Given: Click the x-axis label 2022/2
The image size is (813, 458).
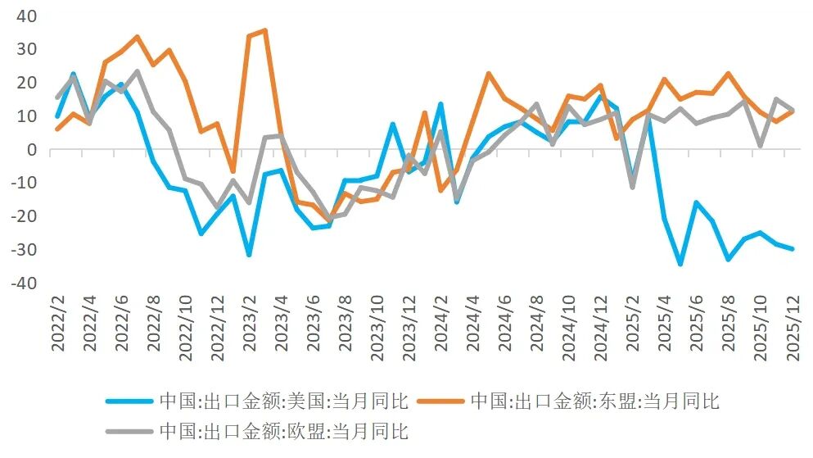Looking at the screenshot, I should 58,323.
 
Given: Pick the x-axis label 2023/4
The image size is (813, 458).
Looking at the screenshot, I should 280,323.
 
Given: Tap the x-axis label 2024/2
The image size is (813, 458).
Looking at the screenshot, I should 440,323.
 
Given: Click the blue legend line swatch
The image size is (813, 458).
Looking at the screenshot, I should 129,401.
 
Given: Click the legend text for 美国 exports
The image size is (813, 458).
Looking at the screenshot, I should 283,401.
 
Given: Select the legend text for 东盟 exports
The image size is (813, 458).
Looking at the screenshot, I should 594,401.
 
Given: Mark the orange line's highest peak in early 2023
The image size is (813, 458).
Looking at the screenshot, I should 264,30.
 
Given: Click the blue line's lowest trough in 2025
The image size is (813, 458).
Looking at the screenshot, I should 680,264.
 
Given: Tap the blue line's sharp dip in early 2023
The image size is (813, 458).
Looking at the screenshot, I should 249,255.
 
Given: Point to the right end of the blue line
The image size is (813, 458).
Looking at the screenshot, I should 792,248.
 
